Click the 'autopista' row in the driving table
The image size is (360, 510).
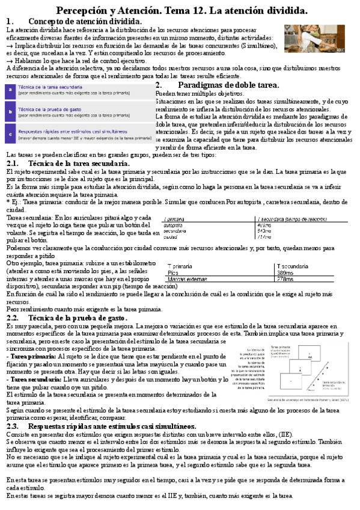174,225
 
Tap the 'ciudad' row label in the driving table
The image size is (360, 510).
171,236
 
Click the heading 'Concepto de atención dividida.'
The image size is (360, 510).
85,22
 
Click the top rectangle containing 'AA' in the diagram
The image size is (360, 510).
310,357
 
